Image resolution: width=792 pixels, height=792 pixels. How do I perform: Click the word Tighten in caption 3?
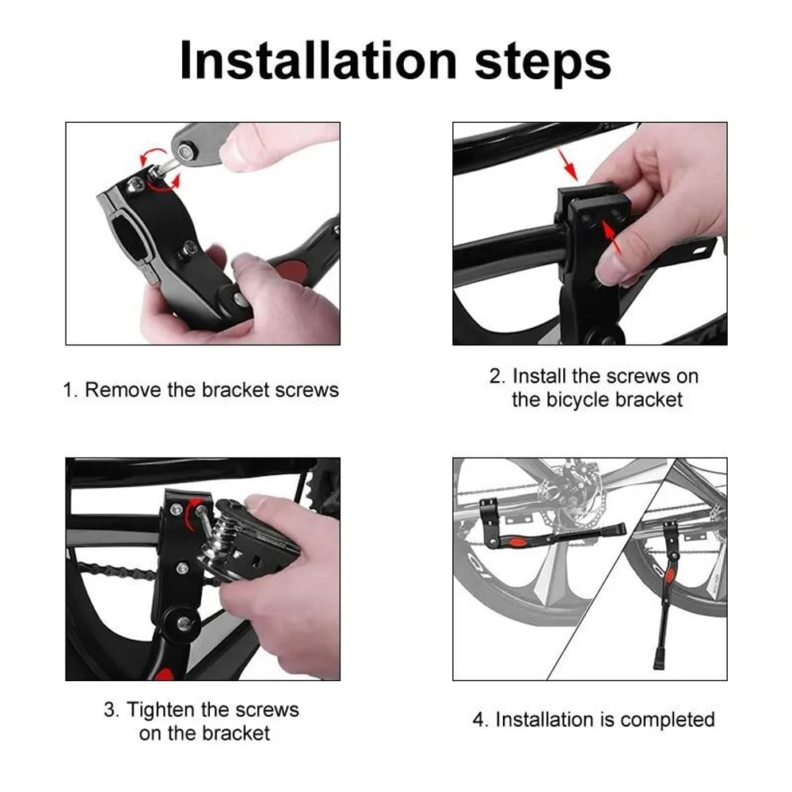click(x=166, y=709)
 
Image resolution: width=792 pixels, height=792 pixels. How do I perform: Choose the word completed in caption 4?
click(x=667, y=719)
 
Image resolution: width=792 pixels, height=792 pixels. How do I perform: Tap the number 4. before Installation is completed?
click(x=480, y=719)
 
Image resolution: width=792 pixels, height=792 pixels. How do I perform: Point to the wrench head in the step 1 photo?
click(x=188, y=147)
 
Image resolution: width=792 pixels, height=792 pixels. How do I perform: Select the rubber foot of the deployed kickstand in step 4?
click(x=659, y=658)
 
